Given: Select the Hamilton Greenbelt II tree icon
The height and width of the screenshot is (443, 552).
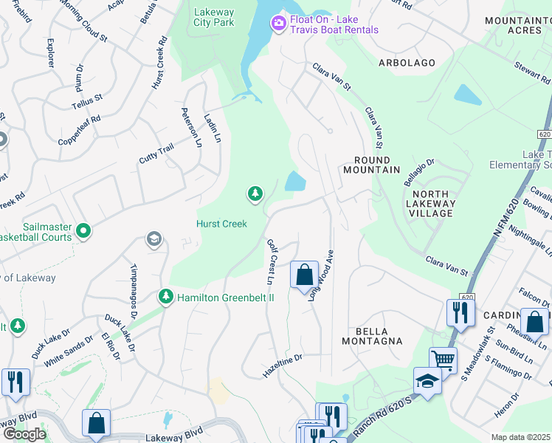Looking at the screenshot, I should point(165,298).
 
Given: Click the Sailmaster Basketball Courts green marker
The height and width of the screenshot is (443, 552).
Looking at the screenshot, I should point(84,231).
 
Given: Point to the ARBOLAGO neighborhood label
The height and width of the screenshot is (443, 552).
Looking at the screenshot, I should point(407,63).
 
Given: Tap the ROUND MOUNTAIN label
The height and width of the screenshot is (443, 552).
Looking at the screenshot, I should point(371,164).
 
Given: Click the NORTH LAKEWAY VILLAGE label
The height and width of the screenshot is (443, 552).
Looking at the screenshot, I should point(431,203).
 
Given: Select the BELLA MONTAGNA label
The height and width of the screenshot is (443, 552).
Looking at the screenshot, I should point(372,335).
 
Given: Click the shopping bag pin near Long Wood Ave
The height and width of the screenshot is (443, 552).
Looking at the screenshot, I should point(304,276).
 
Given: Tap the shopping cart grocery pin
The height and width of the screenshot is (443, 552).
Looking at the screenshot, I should point(443,360).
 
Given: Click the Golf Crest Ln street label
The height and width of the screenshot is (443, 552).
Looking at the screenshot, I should point(270,261).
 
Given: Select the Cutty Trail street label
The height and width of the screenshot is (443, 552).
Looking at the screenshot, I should point(156,154).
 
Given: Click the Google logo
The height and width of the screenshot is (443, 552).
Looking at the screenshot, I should point(24,434).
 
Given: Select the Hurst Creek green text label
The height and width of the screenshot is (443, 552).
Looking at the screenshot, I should point(221,224).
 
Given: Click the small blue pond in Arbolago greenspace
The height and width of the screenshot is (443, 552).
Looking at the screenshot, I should point(468,95).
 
